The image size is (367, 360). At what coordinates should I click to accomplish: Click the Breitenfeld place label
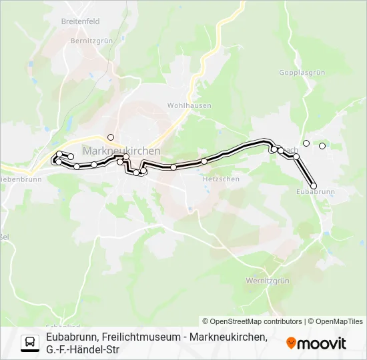80,21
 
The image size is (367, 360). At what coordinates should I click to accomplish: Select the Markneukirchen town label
121,151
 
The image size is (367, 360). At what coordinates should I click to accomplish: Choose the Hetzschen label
216,179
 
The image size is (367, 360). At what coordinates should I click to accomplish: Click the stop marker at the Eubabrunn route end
314,185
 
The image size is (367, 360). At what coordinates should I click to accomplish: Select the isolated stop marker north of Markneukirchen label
111,137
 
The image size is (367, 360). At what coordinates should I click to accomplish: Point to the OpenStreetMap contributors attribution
253,321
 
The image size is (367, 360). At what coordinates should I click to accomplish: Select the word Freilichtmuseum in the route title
139,337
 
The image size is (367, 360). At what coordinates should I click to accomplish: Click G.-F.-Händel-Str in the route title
83,349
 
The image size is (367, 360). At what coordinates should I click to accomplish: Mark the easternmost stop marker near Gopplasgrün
322,146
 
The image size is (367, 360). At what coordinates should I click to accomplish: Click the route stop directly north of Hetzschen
204,161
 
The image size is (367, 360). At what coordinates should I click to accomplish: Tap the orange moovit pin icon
291,343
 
